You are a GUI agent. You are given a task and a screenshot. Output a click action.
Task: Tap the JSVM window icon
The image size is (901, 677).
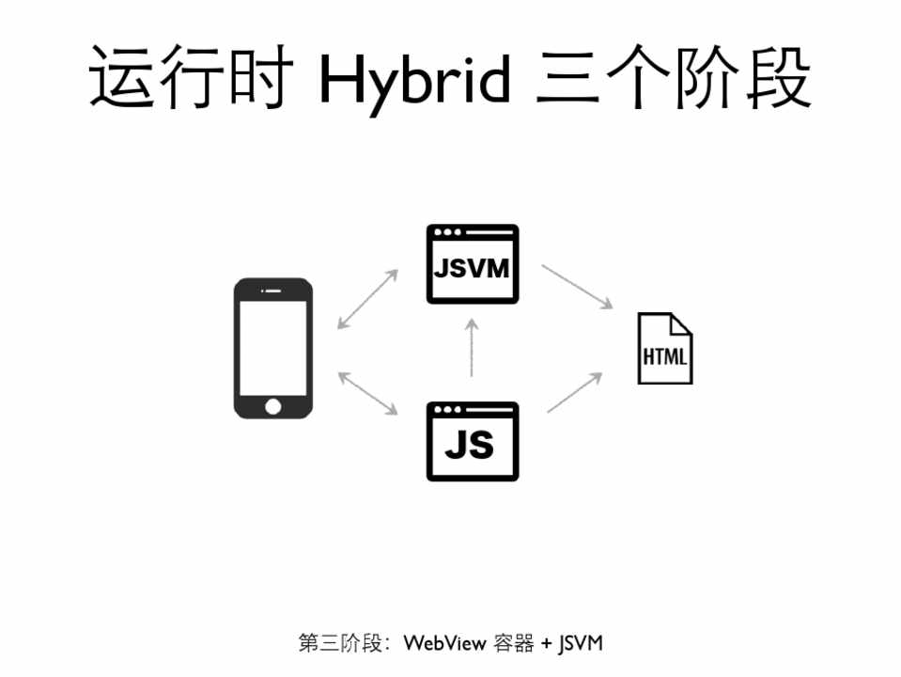click(x=472, y=264)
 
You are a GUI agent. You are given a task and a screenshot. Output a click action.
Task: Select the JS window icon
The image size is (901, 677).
click(x=472, y=441)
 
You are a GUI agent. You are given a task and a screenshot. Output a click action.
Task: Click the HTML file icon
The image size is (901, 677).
click(x=664, y=349)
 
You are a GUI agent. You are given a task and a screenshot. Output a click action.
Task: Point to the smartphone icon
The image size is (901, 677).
click(x=272, y=348)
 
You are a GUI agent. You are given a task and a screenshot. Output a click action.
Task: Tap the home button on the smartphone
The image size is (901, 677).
click(x=272, y=406)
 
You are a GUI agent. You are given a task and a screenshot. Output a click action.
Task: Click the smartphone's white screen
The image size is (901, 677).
click(x=272, y=345)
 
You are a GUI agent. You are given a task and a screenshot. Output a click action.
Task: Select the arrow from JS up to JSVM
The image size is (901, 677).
click(x=473, y=347)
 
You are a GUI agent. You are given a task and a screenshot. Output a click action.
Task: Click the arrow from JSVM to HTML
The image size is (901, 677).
click(x=577, y=287)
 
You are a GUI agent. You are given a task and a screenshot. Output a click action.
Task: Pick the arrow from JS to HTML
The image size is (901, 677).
click(x=574, y=392)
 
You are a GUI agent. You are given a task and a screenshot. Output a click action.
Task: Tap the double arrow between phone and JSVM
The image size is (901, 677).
click(x=367, y=299)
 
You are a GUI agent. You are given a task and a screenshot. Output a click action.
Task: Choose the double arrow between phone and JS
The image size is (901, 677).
click(x=367, y=392)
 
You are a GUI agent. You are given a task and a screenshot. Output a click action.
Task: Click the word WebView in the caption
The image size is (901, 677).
click(x=445, y=643)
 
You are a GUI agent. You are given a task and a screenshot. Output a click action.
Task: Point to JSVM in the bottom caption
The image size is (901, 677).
click(x=580, y=643)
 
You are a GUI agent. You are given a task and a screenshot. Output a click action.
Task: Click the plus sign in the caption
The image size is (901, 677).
click(x=546, y=643)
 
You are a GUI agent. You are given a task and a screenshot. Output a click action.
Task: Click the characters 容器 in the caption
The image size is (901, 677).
click(x=514, y=643)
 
